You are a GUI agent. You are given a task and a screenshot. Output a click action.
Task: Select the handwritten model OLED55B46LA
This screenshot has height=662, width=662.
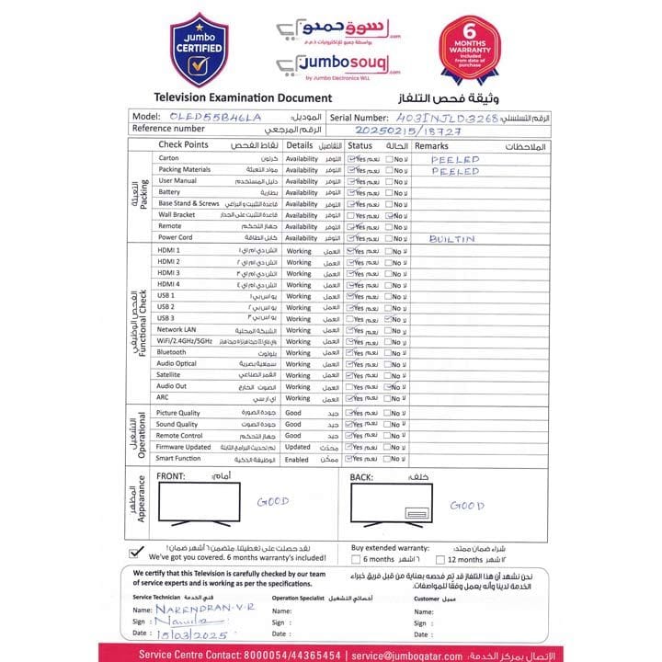point(215,118)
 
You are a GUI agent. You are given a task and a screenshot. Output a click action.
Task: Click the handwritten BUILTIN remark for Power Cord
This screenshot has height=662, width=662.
point(451,238)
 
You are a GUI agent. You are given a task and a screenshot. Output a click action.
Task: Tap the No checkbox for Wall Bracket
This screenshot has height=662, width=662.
point(391,215)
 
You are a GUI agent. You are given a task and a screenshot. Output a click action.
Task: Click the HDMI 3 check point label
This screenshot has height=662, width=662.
point(169,273)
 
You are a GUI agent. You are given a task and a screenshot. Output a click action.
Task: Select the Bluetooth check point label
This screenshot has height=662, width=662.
point(172,352)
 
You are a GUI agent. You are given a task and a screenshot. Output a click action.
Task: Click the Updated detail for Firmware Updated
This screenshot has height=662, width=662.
point(298,447)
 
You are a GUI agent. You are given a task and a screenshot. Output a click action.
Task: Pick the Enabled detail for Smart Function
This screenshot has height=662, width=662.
point(297,459)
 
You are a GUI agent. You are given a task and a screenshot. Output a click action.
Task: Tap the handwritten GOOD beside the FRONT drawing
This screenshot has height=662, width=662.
point(272,502)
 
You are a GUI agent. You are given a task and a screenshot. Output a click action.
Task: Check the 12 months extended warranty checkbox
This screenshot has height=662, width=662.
point(439,559)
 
